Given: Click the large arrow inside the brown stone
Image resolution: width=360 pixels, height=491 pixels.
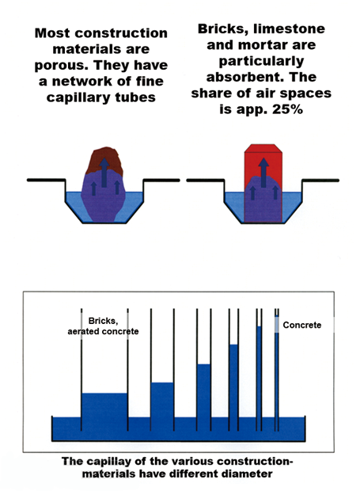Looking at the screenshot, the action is pyautogui.click(x=104, y=173).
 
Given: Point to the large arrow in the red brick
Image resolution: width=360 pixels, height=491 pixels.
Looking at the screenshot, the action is pyautogui.click(x=263, y=173).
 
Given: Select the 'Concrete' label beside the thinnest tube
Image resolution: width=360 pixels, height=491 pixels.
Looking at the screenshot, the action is pyautogui.click(x=301, y=325).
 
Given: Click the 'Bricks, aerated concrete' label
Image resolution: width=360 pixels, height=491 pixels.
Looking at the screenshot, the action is pyautogui.click(x=103, y=326).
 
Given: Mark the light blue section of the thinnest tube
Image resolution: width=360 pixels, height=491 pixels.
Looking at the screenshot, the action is pyautogui.click(x=276, y=325).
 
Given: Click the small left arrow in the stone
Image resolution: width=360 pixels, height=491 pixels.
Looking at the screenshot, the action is pyautogui.click(x=93, y=188).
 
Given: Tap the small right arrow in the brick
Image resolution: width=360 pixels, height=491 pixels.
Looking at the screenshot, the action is pyautogui.click(x=275, y=192).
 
